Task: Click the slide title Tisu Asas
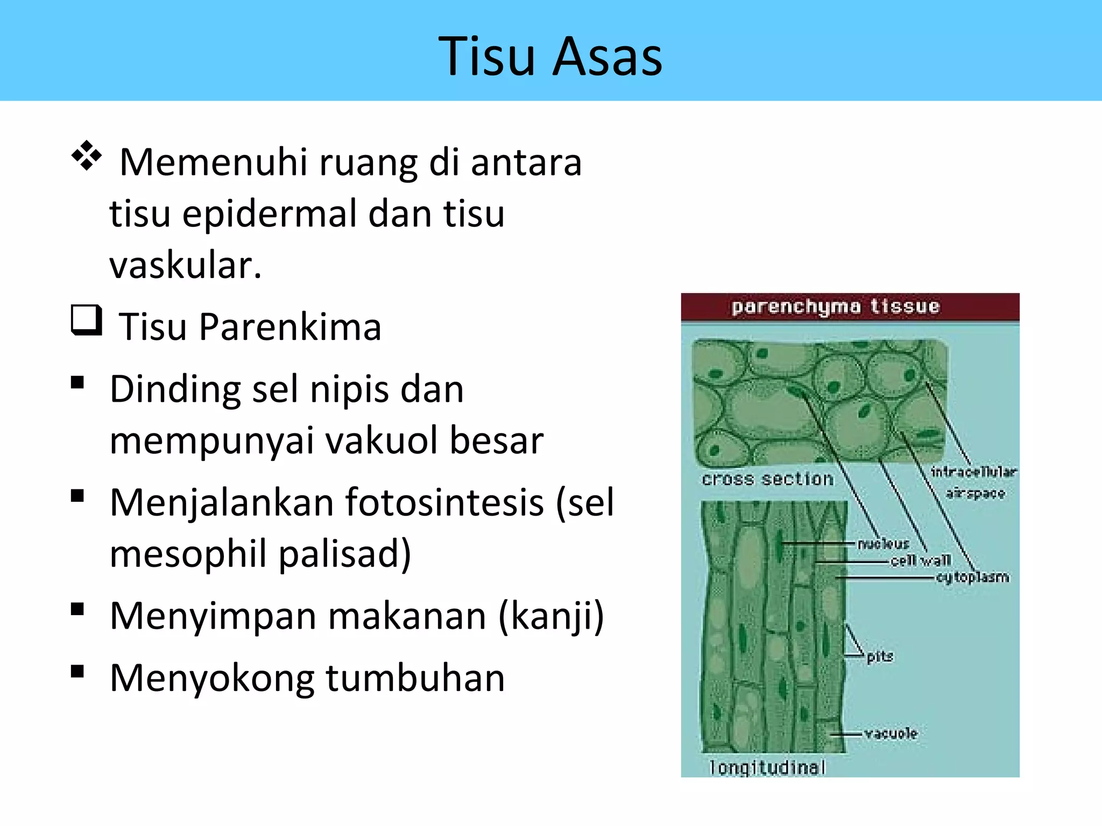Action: coord(550,56)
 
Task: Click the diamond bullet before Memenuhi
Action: coord(87,156)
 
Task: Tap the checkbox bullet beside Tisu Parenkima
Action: coord(86,321)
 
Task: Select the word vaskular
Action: coord(185,266)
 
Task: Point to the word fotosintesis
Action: coord(444,503)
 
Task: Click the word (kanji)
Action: coord(551,616)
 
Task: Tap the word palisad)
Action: coord(344,554)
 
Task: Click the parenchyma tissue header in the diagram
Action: coord(835,307)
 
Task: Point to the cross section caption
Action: coord(767,479)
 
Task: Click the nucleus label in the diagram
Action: coord(883,544)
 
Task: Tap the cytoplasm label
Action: coord(972,578)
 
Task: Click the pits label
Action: coord(880,656)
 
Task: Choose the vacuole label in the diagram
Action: coord(891,734)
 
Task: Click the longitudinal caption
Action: coord(767,767)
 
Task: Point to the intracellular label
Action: coord(973,472)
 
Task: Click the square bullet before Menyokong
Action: coord(77,671)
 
